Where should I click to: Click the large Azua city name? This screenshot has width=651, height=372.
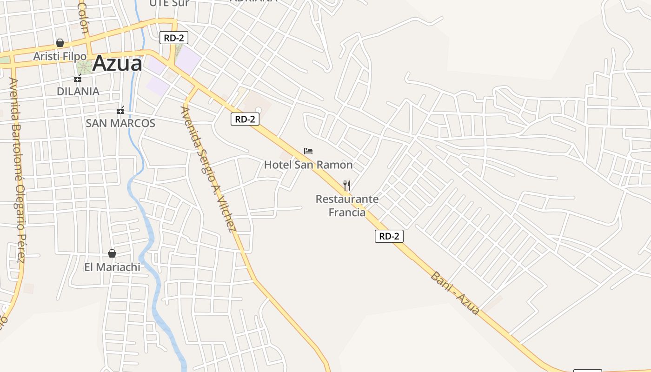(117, 64)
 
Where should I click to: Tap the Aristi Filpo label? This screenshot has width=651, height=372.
(60, 56)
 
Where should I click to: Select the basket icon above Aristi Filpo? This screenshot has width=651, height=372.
(60, 43)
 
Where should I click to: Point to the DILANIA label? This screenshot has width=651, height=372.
(78, 91)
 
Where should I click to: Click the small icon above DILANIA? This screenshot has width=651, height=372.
(78, 78)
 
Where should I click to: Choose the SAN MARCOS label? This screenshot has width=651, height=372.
(120, 123)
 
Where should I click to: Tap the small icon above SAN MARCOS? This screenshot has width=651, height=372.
(120, 110)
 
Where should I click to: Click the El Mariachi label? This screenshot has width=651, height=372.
(112, 267)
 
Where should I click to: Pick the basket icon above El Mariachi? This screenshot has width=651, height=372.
(112, 253)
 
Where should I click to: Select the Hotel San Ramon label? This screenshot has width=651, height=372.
(308, 165)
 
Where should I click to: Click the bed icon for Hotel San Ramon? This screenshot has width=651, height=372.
(308, 151)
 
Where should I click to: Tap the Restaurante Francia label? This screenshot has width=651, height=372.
(347, 206)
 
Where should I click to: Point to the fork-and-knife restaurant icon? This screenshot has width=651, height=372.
(347, 186)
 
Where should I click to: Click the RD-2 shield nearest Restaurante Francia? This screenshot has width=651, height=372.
(389, 236)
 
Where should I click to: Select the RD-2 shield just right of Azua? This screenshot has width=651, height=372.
(174, 38)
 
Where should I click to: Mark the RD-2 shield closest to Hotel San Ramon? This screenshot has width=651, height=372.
(245, 119)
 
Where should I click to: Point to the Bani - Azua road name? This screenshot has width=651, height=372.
(455, 293)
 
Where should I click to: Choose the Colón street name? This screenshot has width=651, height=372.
(83, 18)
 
